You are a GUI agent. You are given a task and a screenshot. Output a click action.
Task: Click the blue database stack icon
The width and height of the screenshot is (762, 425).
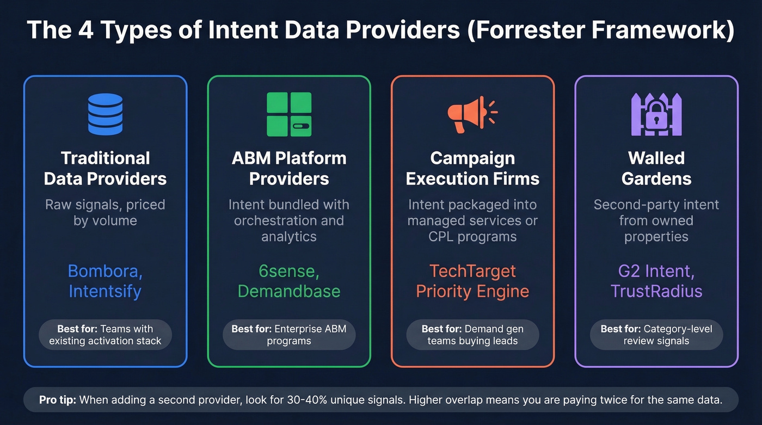coord(105,114)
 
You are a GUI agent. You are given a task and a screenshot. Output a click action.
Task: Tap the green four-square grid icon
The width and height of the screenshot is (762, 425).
coord(289,114)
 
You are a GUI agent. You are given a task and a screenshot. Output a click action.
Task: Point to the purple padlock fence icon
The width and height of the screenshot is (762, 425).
coord(656,114)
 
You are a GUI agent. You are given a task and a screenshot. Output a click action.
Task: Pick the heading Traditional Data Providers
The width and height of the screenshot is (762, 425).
coord(105,168)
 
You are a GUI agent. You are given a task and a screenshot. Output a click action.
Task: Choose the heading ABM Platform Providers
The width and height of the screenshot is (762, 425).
coord(289,168)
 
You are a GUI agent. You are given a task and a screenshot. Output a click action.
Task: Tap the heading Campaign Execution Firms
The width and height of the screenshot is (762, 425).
coord(472,168)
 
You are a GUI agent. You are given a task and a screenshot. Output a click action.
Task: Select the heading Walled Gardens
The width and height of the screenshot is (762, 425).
coord(656,168)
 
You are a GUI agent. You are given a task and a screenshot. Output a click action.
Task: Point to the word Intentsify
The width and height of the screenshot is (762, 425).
coord(105,291)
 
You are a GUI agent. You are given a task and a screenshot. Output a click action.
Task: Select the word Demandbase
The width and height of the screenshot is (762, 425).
coord(289,291)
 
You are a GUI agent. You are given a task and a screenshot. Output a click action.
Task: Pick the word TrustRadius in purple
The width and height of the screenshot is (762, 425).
coord(656,291)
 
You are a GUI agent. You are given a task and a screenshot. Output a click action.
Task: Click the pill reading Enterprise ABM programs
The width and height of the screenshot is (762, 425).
coord(289,335)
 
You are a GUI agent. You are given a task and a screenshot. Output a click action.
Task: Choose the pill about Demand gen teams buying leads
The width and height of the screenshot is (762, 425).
coord(472,335)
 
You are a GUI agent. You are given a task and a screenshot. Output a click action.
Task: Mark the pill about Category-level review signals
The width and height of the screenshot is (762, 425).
coord(656,335)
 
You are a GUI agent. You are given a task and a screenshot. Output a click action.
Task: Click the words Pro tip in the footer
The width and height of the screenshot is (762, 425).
coord(58,400)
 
